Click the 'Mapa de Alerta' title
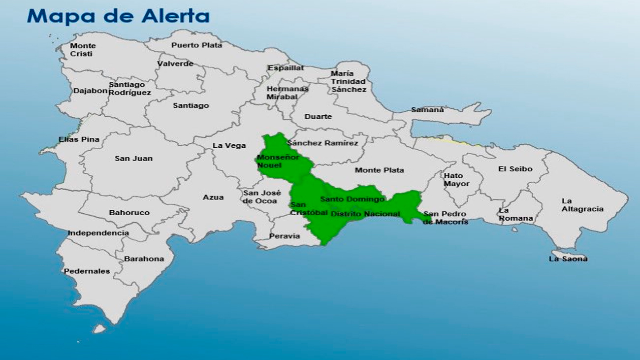pos(118,16)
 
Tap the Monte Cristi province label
pos(83,50)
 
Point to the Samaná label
pos(427,110)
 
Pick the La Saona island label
pos(568,259)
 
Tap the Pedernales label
pos(87,271)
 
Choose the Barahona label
pos(144,259)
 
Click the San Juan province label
pos(133,159)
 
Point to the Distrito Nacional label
pos(365,214)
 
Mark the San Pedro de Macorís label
pos(445,218)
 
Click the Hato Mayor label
pos(456,180)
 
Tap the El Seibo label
pos(515,169)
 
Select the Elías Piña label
pos(79,139)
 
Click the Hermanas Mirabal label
pos(287,93)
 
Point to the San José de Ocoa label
pos(261,197)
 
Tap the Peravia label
pos(284,236)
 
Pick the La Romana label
pos(515,214)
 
